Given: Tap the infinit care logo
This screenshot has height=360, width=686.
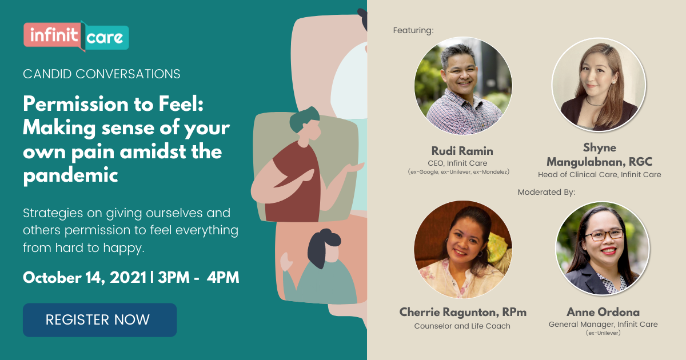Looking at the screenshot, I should pyautogui.click(x=76, y=37).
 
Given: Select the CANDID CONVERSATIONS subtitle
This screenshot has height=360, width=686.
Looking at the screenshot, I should pyautogui.click(x=102, y=74).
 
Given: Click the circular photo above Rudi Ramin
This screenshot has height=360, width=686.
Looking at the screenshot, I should pyautogui.click(x=463, y=86).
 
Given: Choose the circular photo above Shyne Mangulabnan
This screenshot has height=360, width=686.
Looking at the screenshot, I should pyautogui.click(x=599, y=85).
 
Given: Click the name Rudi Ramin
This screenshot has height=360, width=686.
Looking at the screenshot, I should pyautogui.click(x=463, y=151).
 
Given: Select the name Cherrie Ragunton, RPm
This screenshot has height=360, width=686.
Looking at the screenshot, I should pyautogui.click(x=463, y=312).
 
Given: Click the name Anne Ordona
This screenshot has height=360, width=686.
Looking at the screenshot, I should pyautogui.click(x=603, y=312).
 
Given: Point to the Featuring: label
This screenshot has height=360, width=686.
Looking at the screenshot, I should pyautogui.click(x=413, y=30).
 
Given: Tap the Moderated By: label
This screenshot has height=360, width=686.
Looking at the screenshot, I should pyautogui.click(x=547, y=192).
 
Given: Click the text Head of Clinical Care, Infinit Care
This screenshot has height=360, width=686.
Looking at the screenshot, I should pyautogui.click(x=599, y=175).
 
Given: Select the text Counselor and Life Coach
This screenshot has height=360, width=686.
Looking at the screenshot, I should pyautogui.click(x=463, y=326).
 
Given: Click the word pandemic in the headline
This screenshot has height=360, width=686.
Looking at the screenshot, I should pyautogui.click(x=70, y=175).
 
